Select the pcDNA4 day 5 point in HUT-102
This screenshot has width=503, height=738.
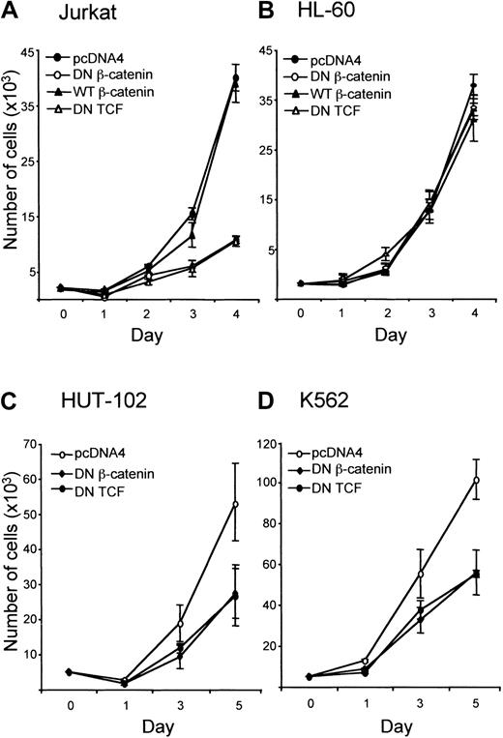pyautogui.click(x=235, y=504)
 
